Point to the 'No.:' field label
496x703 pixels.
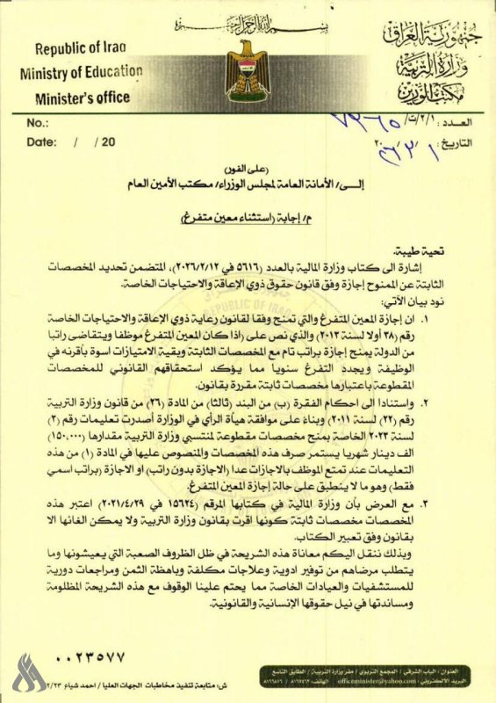pyautogui.click(x=38, y=123)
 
